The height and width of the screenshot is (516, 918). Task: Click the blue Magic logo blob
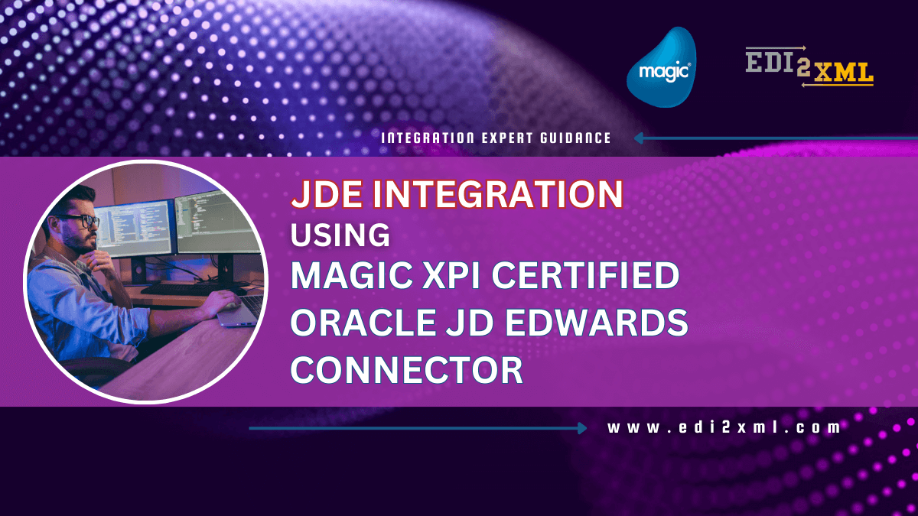[x=661, y=67]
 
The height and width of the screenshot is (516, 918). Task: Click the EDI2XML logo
[x=809, y=67]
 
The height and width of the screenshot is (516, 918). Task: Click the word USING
[x=340, y=235]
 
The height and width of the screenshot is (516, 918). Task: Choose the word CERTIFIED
[x=585, y=275]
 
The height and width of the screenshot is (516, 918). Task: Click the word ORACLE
[x=363, y=323]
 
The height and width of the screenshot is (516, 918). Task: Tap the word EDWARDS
[x=596, y=323]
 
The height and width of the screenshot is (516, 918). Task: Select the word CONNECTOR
[x=406, y=369]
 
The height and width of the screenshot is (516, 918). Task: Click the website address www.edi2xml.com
[x=724, y=427]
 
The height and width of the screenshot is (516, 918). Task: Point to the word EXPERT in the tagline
[x=506, y=138]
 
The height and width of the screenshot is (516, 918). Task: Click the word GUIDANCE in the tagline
[x=576, y=138]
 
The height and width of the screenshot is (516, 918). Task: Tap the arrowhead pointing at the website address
[x=582, y=428]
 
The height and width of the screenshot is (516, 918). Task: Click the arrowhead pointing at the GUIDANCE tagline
[x=639, y=138]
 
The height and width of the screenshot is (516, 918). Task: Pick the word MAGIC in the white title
[x=352, y=275]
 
